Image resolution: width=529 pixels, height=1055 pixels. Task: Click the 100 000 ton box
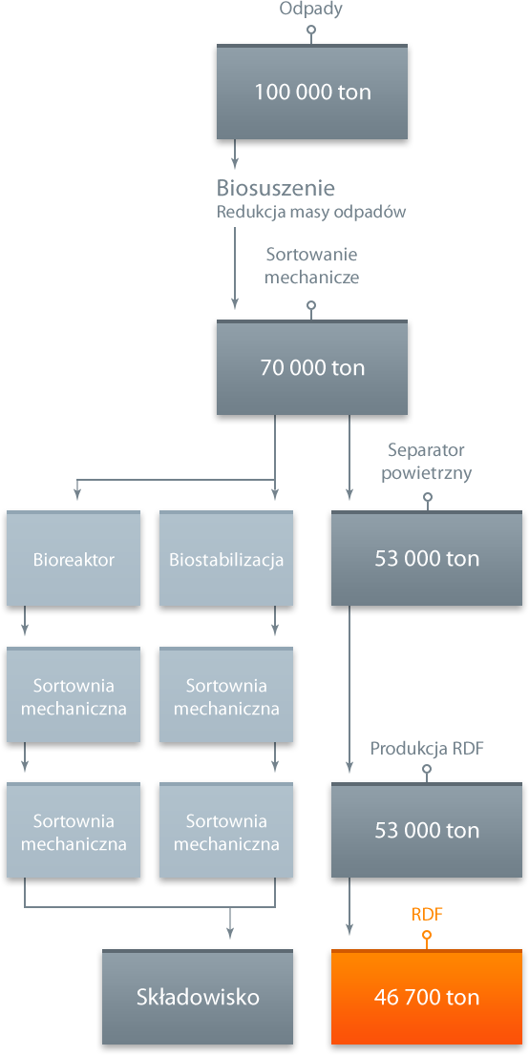pos(312,92)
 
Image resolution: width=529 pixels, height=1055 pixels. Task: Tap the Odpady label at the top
pos(311,10)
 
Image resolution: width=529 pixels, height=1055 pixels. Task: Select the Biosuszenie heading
pos(276,187)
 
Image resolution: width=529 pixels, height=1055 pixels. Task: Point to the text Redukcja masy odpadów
pos(310,212)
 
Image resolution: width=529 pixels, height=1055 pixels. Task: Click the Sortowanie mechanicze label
pos(311,266)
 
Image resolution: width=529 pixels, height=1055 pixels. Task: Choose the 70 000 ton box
pos(312,367)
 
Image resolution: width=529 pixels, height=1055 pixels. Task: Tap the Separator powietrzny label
pos(427,461)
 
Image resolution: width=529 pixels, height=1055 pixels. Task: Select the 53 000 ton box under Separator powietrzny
pos(427,558)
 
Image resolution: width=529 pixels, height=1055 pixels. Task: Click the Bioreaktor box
pos(74,558)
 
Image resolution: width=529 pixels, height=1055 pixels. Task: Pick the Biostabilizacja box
pos(226,558)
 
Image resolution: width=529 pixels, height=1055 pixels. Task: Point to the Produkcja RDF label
pos(427,749)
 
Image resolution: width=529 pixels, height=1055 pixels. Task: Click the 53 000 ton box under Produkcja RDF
pos(427,830)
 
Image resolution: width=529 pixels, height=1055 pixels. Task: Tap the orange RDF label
pos(427,915)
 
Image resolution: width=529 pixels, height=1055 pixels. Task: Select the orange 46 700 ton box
pos(427,997)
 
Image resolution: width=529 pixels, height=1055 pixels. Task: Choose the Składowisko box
pos(198,997)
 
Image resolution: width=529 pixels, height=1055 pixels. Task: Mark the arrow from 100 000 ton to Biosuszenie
pos(235,153)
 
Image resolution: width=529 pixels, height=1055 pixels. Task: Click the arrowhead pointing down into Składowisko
pos(230,932)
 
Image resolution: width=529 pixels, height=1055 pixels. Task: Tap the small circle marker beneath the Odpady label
pos(311,31)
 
